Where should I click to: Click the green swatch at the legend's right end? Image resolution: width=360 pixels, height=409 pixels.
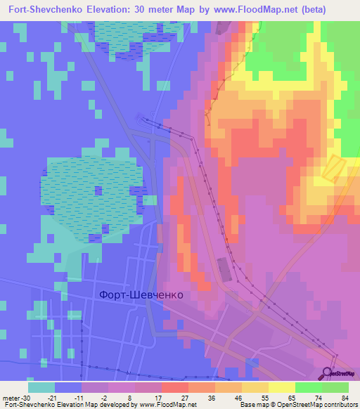[335, 387]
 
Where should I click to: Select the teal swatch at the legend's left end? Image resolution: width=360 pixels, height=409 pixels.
[41, 387]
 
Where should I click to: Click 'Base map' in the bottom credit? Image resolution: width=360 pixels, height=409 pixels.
[254, 405]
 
